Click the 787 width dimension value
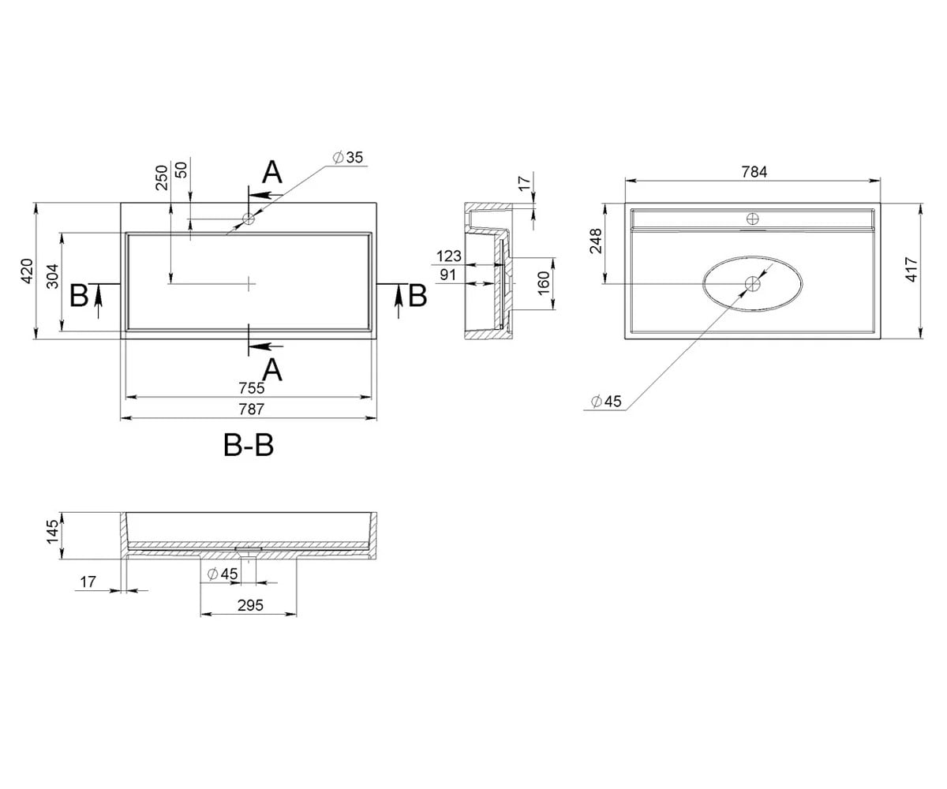pyautogui.click(x=251, y=409)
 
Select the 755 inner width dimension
pyautogui.click(x=251, y=388)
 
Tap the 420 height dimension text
pyautogui.click(x=27, y=271)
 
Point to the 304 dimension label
pyautogui.click(x=53, y=276)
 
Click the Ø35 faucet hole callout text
pyautogui.click(x=348, y=157)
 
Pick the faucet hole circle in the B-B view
pyautogui.click(x=249, y=219)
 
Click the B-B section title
pyautogui.click(x=249, y=445)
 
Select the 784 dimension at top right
pyautogui.click(x=754, y=172)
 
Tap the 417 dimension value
pyautogui.click(x=911, y=269)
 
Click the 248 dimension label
pyautogui.click(x=596, y=241)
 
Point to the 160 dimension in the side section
pyautogui.click(x=544, y=283)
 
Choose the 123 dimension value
pyautogui.click(x=448, y=256)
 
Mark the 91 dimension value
pyautogui.click(x=447, y=275)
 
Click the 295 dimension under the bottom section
pyautogui.click(x=250, y=605)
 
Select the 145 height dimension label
pyautogui.click(x=53, y=532)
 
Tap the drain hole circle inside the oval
pyautogui.click(x=753, y=284)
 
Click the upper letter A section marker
pyautogui.click(x=272, y=172)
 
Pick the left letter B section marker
pyautogui.click(x=79, y=296)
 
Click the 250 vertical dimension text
pyautogui.click(x=162, y=178)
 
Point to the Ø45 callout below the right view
pyautogui.click(x=606, y=402)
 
